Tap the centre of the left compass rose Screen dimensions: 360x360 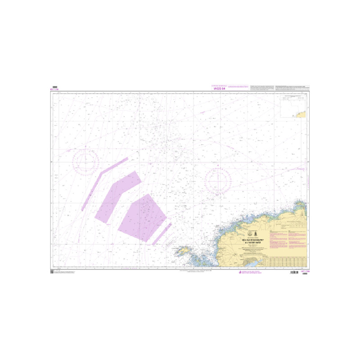tap(85, 161)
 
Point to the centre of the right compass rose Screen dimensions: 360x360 tap(218, 181)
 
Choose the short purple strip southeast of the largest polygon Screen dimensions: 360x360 tap(162, 234)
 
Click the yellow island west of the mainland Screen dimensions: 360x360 tap(183, 250)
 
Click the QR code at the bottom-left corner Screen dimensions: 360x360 tap(52, 271)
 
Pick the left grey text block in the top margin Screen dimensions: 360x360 tap(262, 87)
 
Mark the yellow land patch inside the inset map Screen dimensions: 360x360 tap(302, 114)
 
